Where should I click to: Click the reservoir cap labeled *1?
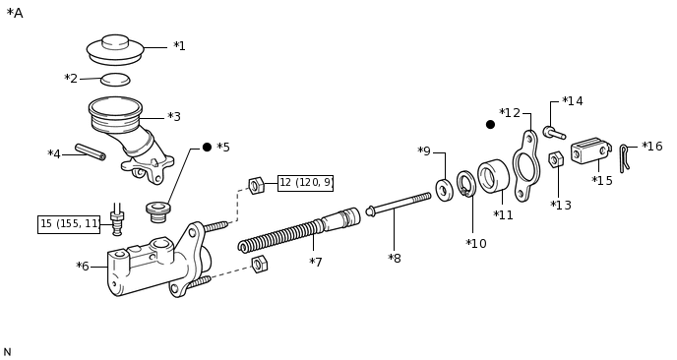point(115,49)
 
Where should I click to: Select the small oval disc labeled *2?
point(115,80)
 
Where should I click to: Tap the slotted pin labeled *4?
point(91,151)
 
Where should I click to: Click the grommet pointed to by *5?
point(158,212)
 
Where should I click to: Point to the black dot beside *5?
point(207,148)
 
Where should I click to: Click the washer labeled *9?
point(445,190)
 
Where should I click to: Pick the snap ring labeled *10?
point(466,184)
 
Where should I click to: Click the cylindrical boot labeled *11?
point(493,175)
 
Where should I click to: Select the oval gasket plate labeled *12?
point(525,166)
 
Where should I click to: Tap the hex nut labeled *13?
point(556,159)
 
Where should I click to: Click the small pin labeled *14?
point(554,133)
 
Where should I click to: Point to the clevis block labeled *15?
point(591,150)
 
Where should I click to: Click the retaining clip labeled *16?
point(624,158)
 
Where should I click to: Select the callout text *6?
point(83,267)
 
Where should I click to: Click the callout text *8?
point(395,258)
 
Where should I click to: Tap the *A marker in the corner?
point(15,13)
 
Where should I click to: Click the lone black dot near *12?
point(490,125)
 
